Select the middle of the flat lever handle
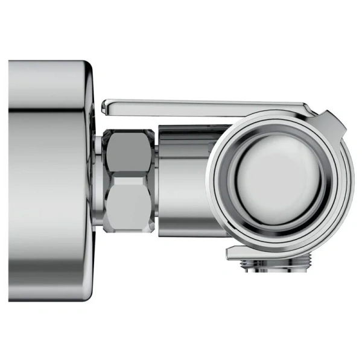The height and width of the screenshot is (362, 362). click(x=205, y=107)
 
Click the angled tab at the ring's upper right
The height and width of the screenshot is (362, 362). click(x=333, y=123)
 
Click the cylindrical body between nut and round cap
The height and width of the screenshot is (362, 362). click(x=184, y=181)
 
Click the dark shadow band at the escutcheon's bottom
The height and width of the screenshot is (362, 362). click(x=48, y=288)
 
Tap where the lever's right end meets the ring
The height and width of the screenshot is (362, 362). click(x=308, y=110)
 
